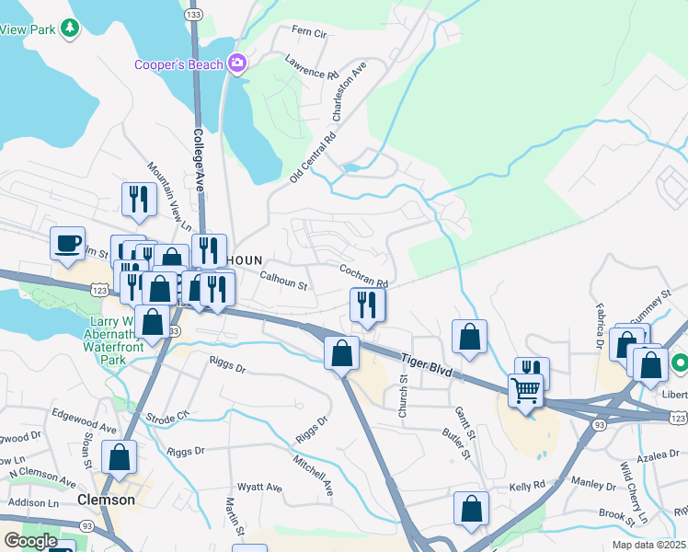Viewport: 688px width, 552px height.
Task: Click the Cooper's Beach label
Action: (178, 64)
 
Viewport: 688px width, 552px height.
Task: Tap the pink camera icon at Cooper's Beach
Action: (236, 63)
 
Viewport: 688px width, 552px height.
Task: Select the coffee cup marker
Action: (67, 244)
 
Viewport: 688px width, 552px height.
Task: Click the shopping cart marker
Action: (526, 389)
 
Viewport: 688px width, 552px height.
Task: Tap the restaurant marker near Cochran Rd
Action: (367, 304)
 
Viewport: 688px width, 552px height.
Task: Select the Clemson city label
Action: (106, 500)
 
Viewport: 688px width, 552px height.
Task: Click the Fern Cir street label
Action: (309, 33)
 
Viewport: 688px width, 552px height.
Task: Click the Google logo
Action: (29, 540)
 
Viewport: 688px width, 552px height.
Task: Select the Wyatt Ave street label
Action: (259, 486)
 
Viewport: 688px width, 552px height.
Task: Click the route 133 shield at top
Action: (193, 15)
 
